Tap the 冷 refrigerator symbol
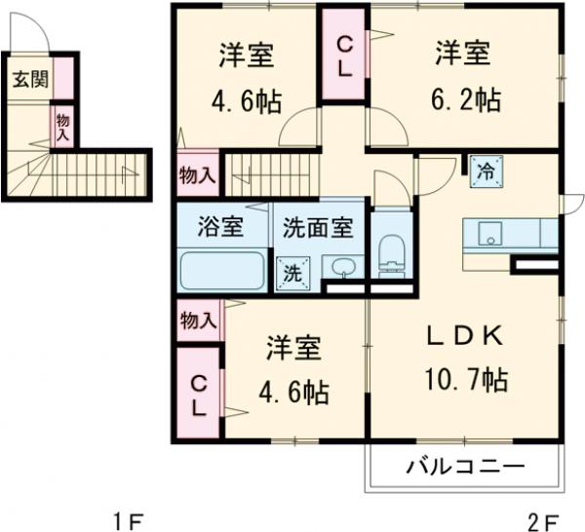[485, 171]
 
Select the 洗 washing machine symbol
[292, 273]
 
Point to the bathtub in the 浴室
[221, 270]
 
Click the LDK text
[466, 337]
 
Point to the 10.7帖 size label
[466, 379]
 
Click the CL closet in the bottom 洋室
[199, 394]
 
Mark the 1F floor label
[123, 518]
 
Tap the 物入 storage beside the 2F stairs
[198, 175]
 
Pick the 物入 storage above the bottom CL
[198, 321]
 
